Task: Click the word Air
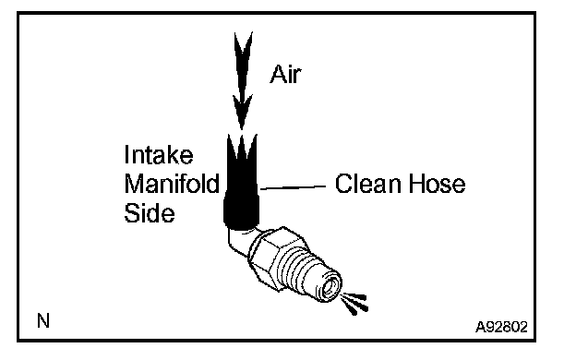coord(285,75)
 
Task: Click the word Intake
coord(159,155)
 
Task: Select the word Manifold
coord(172,184)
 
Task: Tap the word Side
coord(150,213)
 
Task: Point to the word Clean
coord(367,184)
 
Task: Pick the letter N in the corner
coord(43,320)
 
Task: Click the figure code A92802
coord(501,326)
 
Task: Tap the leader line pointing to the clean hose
coord(293,187)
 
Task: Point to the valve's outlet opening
coord(330,286)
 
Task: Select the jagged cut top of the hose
coord(242,145)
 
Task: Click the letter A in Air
coord(278,75)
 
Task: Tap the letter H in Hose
coord(416,184)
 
